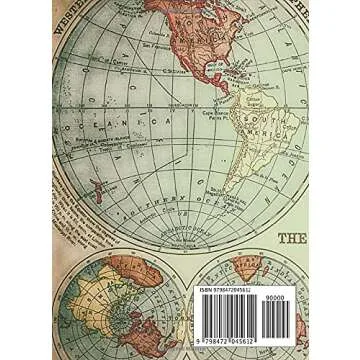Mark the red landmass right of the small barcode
pos(345,325)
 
